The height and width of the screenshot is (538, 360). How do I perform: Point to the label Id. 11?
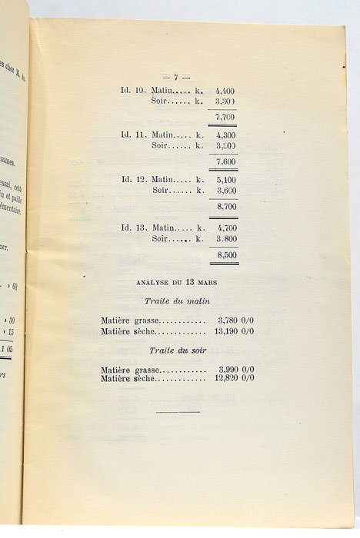[134, 134]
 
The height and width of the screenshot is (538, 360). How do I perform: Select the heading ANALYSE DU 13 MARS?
[178, 281]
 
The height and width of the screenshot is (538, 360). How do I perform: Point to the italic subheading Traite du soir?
[178, 350]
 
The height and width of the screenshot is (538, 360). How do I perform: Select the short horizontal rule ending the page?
[178, 411]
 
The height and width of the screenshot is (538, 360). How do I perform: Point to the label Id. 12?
[134, 179]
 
